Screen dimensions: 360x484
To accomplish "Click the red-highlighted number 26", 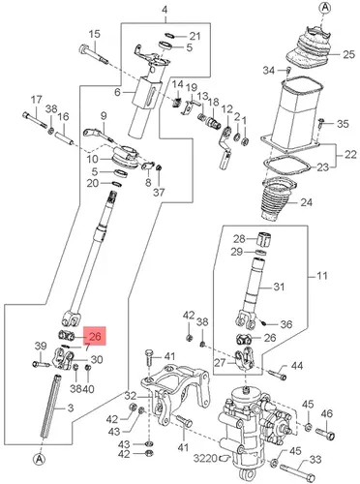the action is (x=95, y=337).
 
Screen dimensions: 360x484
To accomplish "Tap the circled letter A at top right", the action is (x=324, y=8).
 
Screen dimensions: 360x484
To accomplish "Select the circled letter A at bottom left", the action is (x=39, y=459).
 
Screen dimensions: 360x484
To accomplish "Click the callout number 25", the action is (x=348, y=54).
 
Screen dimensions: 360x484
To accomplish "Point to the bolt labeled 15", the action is (x=93, y=54).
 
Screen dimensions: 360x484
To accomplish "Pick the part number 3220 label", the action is (x=205, y=458).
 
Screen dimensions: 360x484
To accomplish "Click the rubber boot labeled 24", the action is (x=279, y=199).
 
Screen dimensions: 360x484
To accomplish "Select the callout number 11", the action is (x=321, y=276).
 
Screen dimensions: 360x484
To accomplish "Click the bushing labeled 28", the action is (x=265, y=238).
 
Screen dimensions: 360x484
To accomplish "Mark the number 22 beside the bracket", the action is (x=349, y=155).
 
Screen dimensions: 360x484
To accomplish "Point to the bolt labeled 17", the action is (x=35, y=119).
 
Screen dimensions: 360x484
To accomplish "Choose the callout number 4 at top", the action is (x=165, y=10).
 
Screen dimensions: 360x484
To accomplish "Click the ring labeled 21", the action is (x=169, y=35).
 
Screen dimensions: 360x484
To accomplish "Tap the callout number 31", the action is (x=279, y=287).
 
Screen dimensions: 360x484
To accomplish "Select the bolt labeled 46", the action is (x=325, y=434).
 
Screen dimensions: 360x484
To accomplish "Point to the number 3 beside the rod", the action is (x=71, y=408).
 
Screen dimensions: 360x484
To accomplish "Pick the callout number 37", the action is (x=159, y=193).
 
